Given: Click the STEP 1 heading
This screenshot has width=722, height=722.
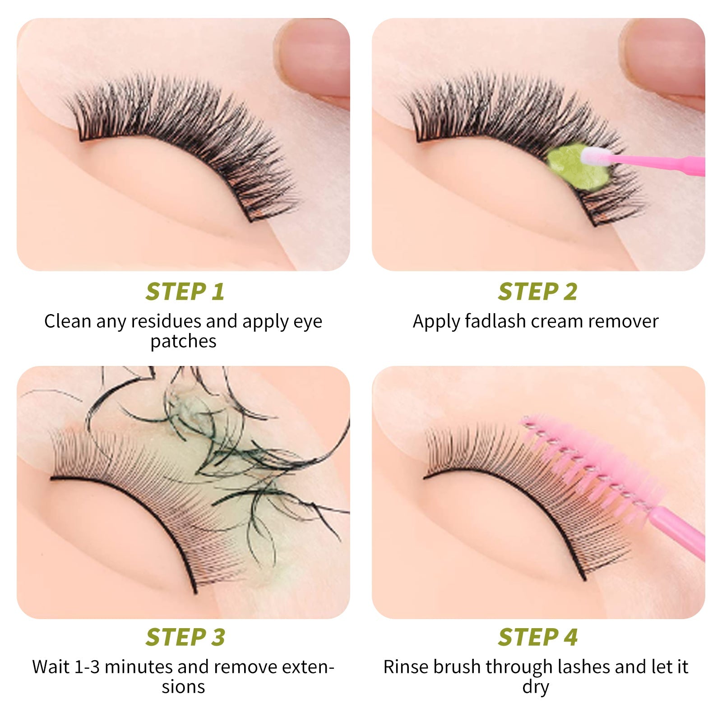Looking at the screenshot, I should (185, 292).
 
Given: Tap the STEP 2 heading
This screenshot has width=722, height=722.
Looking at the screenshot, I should (537, 292).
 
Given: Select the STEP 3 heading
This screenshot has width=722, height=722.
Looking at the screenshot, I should (185, 637).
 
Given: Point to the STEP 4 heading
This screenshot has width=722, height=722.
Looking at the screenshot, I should (537, 637).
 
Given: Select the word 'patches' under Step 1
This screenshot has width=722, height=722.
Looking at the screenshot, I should (183, 342).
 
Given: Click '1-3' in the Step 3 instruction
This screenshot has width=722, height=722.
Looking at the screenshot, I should (87, 667).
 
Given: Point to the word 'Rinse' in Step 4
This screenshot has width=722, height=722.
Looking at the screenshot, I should (406, 667).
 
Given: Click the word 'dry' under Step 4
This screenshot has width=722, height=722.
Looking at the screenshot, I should (536, 687).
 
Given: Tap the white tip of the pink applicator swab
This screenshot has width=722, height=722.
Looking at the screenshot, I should (595, 157).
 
